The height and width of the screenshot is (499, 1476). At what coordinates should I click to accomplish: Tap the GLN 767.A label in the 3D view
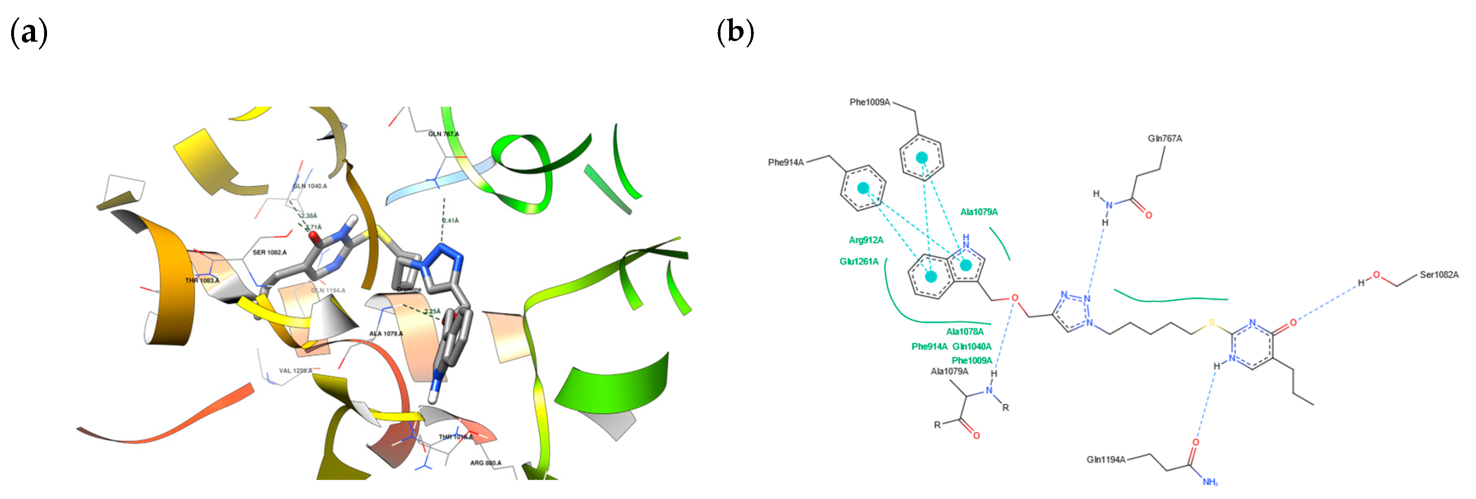pos(444,134)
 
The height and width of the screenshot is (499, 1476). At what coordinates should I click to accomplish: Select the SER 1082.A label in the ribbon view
pos(269,252)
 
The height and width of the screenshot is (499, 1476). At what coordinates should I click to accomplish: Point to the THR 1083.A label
pos(202,280)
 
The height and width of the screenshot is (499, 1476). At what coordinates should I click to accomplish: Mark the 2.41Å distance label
pos(450,220)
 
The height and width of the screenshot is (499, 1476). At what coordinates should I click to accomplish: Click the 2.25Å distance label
pos(432,311)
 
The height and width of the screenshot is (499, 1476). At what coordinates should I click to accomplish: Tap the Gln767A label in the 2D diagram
pos(1164,139)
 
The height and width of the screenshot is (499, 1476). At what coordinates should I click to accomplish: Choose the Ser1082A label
pos(1439,275)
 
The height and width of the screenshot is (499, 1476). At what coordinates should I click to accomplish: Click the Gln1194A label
pos(1106,459)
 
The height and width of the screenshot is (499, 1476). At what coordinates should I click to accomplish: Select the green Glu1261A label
pos(858,262)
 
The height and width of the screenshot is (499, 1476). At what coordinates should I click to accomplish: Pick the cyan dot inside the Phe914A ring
pos(863,188)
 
